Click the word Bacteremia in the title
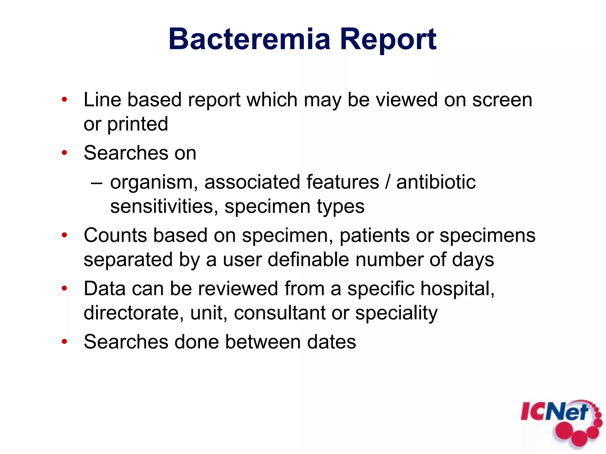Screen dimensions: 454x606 point(249,39)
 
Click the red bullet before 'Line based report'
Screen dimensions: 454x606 point(65,100)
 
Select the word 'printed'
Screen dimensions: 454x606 point(138,124)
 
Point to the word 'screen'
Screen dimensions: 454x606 point(502,100)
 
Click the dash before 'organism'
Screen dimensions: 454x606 point(96,183)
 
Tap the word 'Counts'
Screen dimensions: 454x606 point(115,235)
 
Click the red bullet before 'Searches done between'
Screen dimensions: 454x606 point(65,342)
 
